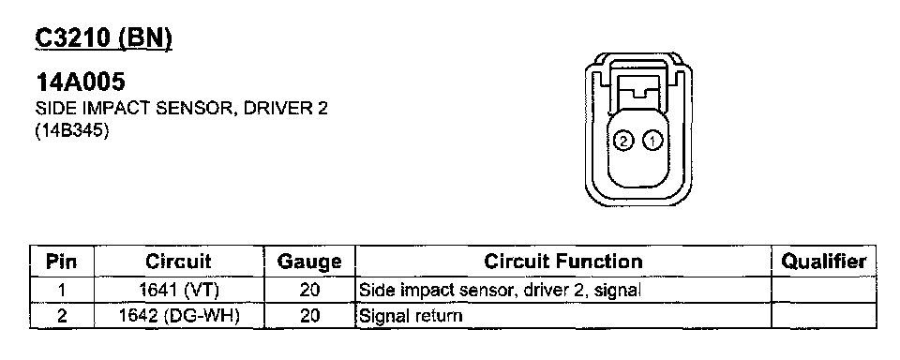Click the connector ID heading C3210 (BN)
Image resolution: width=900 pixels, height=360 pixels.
[103, 39]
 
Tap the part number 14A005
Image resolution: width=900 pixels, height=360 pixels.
[80, 82]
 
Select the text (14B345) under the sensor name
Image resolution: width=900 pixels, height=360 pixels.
[72, 131]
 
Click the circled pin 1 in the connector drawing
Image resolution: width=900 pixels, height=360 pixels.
[652, 140]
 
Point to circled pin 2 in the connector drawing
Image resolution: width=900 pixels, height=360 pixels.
[622, 140]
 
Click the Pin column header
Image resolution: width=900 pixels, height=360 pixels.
[62, 262]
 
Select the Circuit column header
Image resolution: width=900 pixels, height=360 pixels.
[178, 262]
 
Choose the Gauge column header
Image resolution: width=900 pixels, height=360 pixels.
[309, 262]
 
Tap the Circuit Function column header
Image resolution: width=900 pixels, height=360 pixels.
[563, 262]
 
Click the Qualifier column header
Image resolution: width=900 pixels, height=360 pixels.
[824, 262]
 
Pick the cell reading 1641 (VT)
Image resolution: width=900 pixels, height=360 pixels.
[179, 291]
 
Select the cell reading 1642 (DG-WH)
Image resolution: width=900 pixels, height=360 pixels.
[178, 316]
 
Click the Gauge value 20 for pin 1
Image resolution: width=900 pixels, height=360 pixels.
[309, 291]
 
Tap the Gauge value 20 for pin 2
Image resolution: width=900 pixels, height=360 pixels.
[309, 316]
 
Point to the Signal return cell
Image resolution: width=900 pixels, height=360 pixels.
[411, 316]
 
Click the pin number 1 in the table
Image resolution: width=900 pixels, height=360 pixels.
[62, 291]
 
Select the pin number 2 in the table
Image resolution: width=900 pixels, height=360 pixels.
[62, 316]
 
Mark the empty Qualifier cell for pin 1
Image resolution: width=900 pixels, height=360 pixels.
[824, 291]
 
